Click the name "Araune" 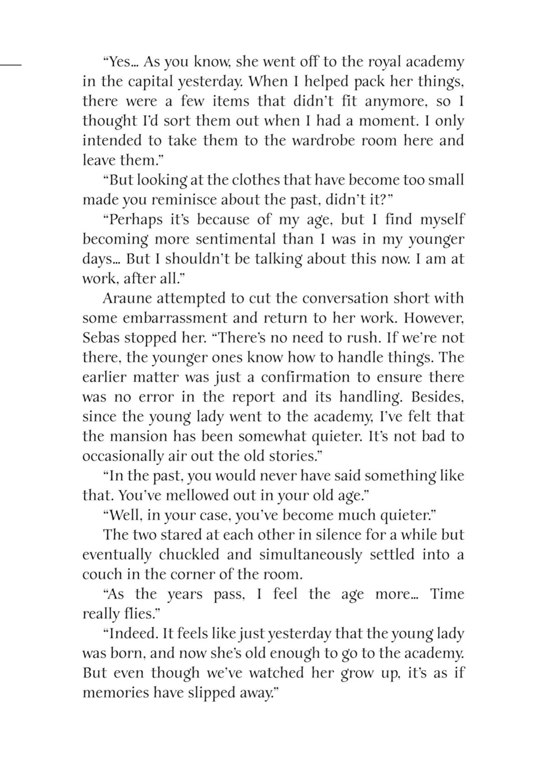coord(126,298)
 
